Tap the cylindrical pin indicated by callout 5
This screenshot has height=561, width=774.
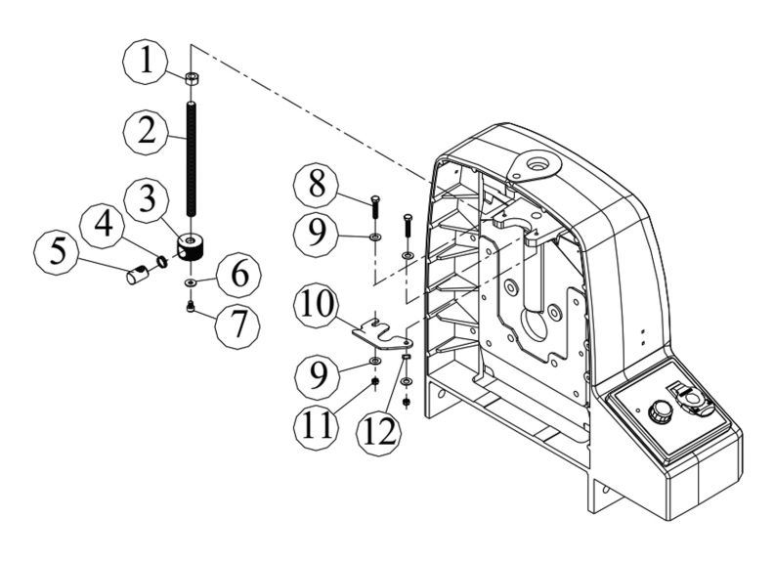coord(137,274)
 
